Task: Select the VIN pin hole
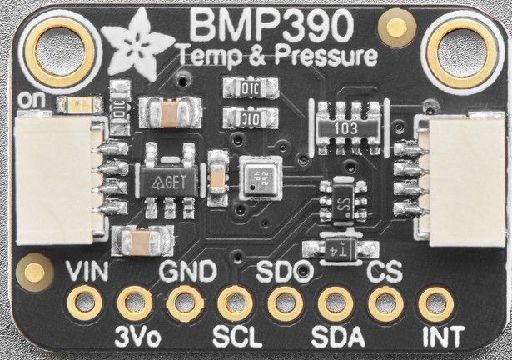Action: pos(83,302)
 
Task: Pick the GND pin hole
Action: pos(183,302)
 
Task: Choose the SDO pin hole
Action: pos(284,302)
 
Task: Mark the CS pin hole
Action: pos(384,302)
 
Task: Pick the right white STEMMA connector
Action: pos(461,180)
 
